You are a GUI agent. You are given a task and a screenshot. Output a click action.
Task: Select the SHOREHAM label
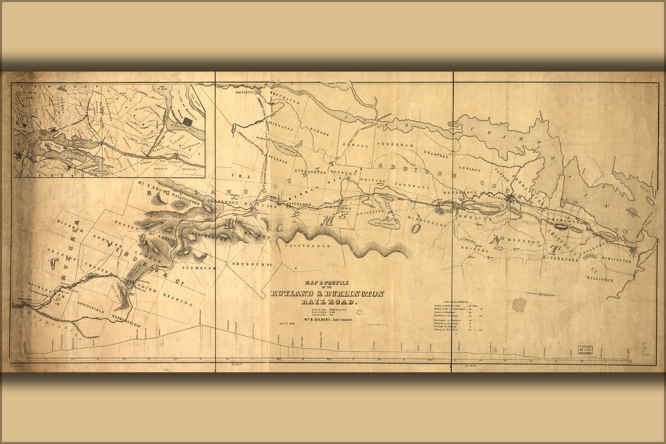389,144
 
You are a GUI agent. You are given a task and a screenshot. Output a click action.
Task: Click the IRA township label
236,176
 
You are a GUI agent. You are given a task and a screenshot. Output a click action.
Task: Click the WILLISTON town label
600,280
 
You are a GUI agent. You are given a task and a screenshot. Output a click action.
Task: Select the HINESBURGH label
561,258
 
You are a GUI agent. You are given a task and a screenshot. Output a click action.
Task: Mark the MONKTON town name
526,242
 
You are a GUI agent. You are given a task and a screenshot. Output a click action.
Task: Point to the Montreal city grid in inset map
189,121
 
